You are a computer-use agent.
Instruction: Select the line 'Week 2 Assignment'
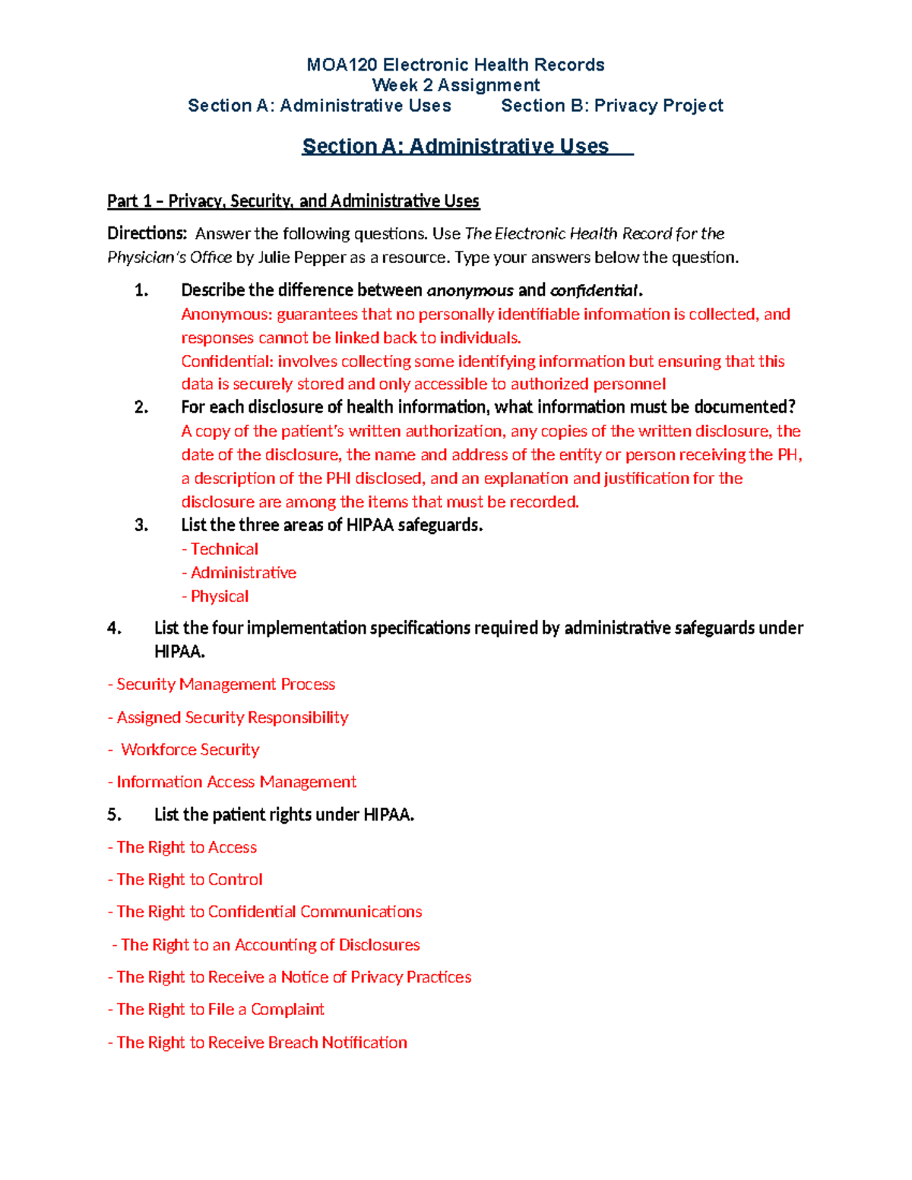coord(456,85)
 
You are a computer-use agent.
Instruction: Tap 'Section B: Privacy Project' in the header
coord(612,106)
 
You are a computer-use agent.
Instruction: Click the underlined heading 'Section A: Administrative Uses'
coord(455,146)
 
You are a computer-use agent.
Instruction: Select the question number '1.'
coord(141,290)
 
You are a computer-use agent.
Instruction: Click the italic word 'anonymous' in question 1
coord(470,290)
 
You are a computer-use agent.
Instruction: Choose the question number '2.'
coord(141,407)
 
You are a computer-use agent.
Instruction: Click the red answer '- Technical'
coord(220,549)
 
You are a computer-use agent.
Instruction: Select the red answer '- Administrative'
coord(239,573)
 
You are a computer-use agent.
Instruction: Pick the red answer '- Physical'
coord(216,596)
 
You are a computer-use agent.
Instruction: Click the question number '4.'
coord(114,628)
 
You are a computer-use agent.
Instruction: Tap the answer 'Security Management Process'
coord(225,685)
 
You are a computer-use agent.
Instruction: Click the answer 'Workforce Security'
coord(190,750)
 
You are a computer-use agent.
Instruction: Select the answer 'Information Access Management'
coord(236,782)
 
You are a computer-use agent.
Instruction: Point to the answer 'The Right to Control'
coord(189,880)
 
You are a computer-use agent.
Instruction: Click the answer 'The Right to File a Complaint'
coord(220,1010)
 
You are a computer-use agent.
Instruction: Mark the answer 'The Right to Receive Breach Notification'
coord(261,1042)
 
